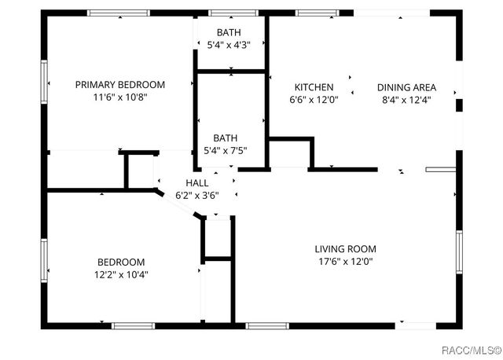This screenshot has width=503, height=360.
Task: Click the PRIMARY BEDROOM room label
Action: point(119,85)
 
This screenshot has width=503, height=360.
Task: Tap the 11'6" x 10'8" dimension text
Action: point(119,97)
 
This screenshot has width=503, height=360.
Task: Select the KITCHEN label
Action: point(314,87)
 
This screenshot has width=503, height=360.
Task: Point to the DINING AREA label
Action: point(406,87)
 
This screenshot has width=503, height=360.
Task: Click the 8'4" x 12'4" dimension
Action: point(406,100)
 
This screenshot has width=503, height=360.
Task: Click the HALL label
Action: point(197,182)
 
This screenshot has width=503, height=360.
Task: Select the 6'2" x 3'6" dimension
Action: point(197,195)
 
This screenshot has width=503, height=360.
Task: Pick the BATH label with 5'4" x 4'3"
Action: point(229,32)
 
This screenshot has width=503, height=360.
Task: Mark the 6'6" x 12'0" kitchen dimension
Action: point(314,100)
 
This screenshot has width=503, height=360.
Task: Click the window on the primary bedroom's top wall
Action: point(119,13)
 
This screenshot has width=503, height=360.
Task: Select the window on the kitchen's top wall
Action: point(317,13)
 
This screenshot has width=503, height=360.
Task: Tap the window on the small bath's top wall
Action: point(229,13)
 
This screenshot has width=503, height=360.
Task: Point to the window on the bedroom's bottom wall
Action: point(134,325)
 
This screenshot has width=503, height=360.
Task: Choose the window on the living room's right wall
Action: point(458,252)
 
